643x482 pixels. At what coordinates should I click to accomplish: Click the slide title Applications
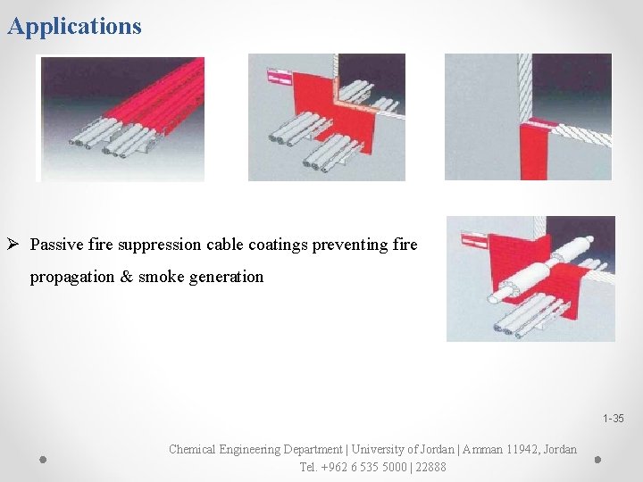[74, 26]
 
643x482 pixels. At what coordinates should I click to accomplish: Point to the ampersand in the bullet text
[127, 277]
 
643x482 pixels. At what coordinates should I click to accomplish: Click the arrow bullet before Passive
[14, 245]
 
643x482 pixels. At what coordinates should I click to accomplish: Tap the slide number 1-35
[614, 419]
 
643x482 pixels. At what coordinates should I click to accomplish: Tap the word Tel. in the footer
[309, 467]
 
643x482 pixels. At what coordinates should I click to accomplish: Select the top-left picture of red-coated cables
[121, 118]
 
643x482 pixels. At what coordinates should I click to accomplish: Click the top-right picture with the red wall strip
[528, 117]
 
